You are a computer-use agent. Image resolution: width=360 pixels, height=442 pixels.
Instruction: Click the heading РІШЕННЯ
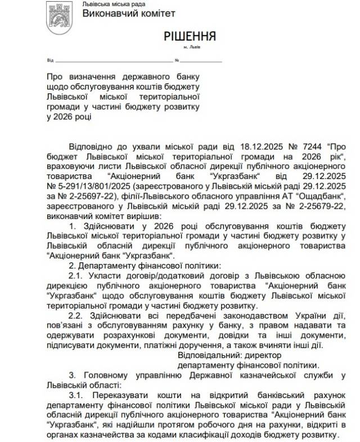(x=190, y=37)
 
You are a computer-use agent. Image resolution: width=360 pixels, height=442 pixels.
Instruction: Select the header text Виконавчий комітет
(x=128, y=13)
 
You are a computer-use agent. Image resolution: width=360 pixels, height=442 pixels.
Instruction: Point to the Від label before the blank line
(x=50, y=60)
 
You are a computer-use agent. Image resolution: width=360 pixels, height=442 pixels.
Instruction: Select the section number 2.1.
(x=76, y=276)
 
